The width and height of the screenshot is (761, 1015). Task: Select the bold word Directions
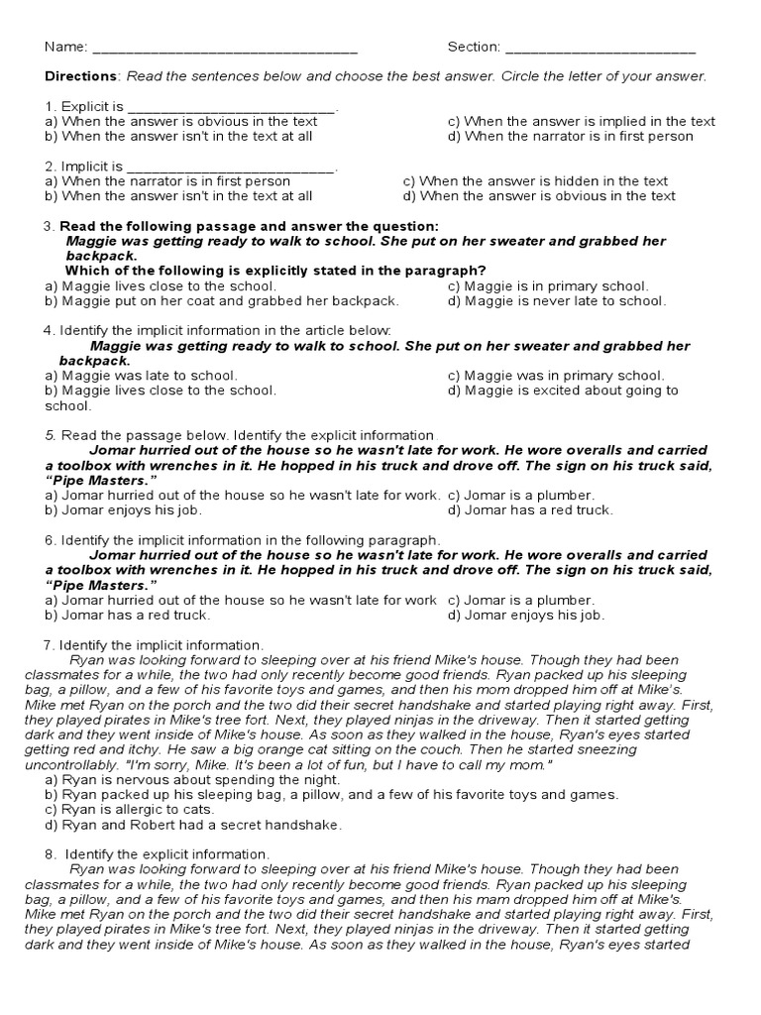pos(81,76)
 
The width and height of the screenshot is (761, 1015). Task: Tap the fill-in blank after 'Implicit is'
pos(233,168)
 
